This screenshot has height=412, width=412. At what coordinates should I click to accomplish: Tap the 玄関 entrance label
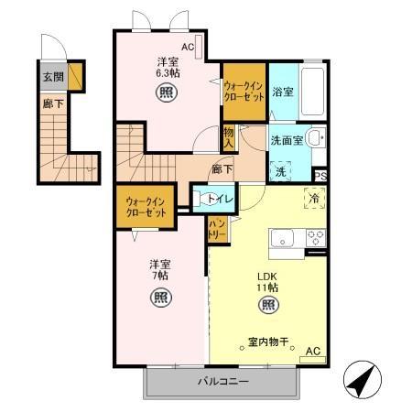pos(53,78)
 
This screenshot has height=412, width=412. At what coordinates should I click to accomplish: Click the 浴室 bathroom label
pos(282,92)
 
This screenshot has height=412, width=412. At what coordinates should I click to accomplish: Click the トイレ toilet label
pos(219,198)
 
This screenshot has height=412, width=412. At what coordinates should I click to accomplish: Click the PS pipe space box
pos(320,176)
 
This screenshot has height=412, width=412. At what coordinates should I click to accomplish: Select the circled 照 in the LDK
pos(267,305)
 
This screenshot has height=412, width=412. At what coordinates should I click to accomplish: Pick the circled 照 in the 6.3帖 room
pos(168,92)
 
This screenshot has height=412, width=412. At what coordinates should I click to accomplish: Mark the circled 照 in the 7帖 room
pos(159,297)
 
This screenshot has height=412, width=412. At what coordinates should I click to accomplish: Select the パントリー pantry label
pos(218,228)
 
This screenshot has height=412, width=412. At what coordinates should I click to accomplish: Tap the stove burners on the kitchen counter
pos(316,237)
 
